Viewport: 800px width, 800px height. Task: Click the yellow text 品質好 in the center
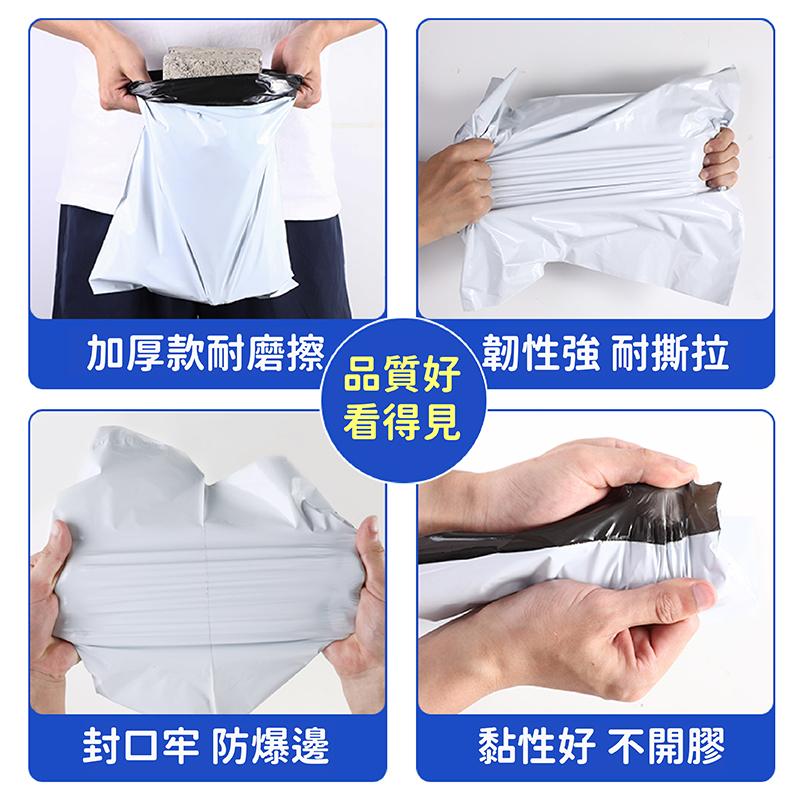coord(400,378)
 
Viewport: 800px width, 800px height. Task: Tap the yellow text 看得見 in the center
coord(400,421)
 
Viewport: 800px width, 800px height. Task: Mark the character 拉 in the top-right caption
coord(709,355)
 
